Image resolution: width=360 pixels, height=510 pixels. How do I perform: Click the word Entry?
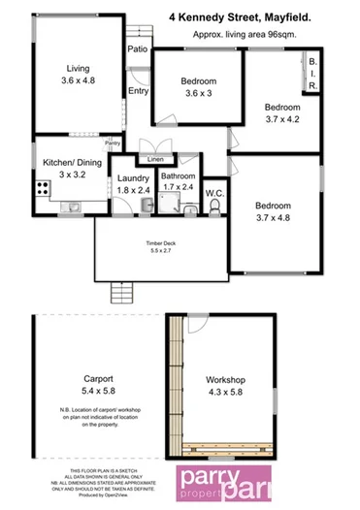(138, 92)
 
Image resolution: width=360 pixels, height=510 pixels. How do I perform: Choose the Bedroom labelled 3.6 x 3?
(197, 94)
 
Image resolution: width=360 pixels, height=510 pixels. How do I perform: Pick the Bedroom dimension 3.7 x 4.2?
(282, 119)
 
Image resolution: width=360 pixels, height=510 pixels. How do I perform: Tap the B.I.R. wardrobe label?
(313, 73)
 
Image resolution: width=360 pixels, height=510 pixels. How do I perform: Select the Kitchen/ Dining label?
(67, 164)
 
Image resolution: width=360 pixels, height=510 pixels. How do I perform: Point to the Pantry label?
(114, 141)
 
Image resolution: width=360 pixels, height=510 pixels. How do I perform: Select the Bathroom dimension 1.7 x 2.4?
(177, 186)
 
